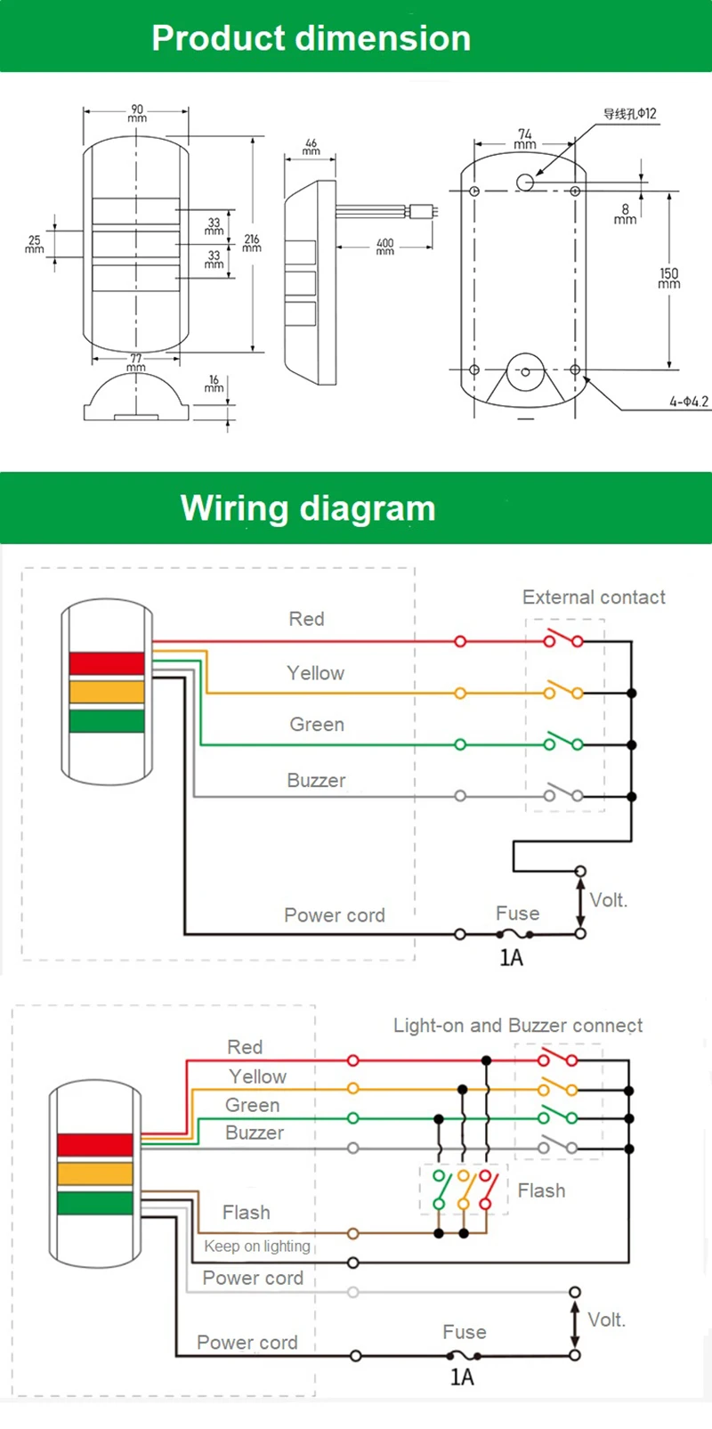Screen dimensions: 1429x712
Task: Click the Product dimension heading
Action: [311, 38]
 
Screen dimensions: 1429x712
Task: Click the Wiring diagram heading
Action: [308, 508]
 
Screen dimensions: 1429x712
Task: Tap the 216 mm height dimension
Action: [252, 243]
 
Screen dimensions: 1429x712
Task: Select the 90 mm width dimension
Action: [137, 113]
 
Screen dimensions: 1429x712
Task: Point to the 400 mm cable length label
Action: [384, 247]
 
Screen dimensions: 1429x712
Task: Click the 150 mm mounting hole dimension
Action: [668, 278]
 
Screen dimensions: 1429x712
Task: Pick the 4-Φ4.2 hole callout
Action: [688, 402]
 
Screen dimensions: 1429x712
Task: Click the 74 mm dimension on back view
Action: [525, 138]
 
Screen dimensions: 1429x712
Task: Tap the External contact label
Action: [594, 597]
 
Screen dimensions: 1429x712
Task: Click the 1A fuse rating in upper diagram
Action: [511, 958]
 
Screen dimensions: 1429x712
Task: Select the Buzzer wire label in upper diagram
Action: [316, 781]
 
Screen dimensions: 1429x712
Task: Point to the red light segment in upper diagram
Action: [107, 663]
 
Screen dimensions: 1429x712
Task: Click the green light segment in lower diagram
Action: [95, 1203]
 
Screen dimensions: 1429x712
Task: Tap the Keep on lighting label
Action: [257, 1246]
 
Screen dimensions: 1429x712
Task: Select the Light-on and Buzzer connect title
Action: [517, 1026]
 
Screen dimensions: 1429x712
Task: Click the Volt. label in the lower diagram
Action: [606, 1319]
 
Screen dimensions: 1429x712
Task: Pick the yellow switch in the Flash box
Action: [464, 1189]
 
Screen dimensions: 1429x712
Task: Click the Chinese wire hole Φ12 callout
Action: [629, 114]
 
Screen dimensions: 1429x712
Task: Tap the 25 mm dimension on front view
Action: [34, 244]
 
